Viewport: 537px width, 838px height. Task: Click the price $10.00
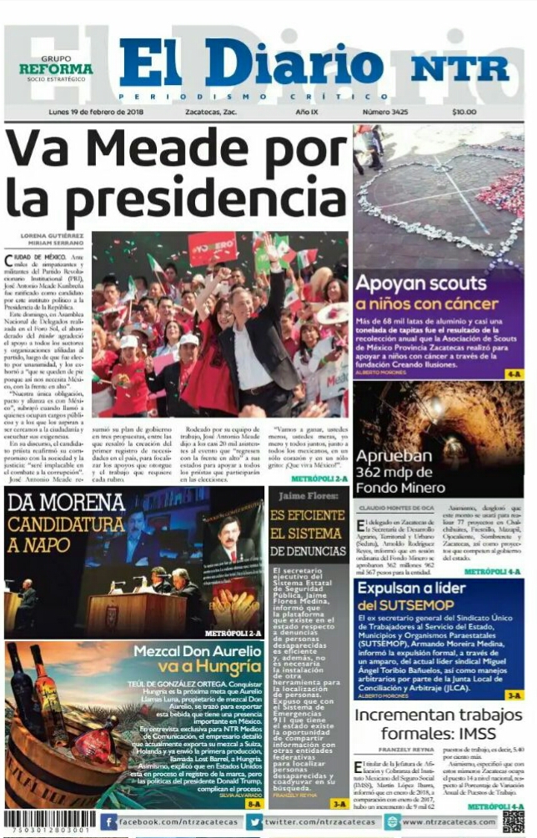[x=464, y=113]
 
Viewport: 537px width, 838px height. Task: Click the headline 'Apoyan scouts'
[x=420, y=283]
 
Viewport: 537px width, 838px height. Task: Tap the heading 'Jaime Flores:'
[x=308, y=496]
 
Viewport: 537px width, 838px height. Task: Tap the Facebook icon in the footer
[x=108, y=822]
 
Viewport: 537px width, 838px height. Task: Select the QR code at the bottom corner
[x=514, y=821]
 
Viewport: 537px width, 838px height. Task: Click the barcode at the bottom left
[x=48, y=820]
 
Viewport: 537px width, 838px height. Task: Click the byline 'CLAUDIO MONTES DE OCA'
[x=395, y=507]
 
